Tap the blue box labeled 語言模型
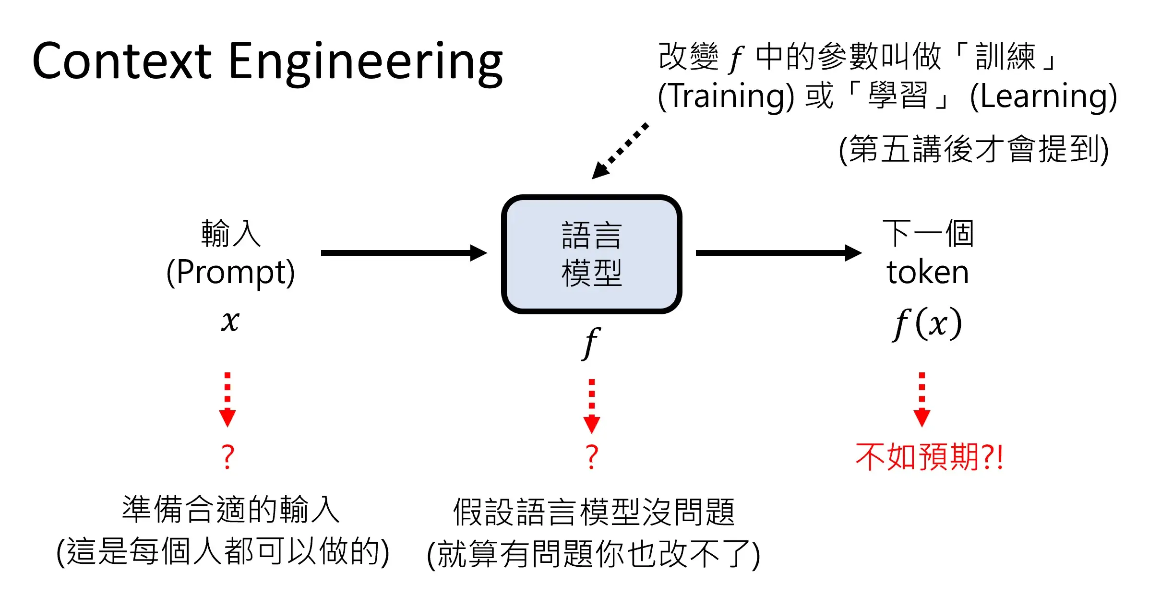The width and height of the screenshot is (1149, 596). [591, 254]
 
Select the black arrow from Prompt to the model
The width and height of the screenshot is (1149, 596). [403, 252]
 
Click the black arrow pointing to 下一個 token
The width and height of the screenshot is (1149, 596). [778, 252]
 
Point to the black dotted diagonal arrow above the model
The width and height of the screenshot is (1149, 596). [620, 151]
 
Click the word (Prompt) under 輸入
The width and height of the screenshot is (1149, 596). [230, 272]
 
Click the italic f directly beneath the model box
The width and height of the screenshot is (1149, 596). [591, 343]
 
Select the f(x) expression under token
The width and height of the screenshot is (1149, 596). [927, 323]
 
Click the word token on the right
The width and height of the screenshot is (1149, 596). [927, 272]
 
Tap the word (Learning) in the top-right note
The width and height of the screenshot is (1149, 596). [1043, 96]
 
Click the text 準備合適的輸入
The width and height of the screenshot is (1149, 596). [230, 510]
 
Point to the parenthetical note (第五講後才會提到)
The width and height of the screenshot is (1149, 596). [973, 149]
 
